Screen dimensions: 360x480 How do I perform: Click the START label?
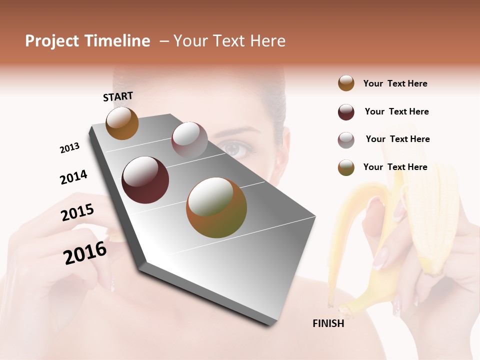(118, 96)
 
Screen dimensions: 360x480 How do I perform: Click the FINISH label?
(328, 323)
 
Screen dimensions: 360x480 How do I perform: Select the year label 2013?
(69, 148)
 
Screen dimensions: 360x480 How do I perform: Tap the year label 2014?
(73, 177)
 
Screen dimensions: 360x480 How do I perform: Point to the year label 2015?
(77, 213)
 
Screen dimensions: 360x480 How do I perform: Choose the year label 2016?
(85, 253)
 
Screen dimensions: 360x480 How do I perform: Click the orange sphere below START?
(122, 123)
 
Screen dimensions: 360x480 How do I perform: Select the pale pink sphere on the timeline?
(189, 140)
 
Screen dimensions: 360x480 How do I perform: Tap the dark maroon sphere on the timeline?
(145, 180)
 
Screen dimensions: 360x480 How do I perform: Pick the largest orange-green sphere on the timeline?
(216, 207)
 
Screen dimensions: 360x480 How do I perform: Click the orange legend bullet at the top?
(346, 83)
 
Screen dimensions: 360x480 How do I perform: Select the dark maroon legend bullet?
(346, 111)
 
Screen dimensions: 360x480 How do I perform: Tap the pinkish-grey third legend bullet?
(346, 139)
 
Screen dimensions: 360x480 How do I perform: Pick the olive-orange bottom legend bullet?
(346, 167)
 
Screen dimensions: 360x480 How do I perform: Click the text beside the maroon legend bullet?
(396, 111)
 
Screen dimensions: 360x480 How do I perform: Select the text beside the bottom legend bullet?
(395, 167)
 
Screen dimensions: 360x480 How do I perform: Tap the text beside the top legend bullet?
(395, 83)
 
